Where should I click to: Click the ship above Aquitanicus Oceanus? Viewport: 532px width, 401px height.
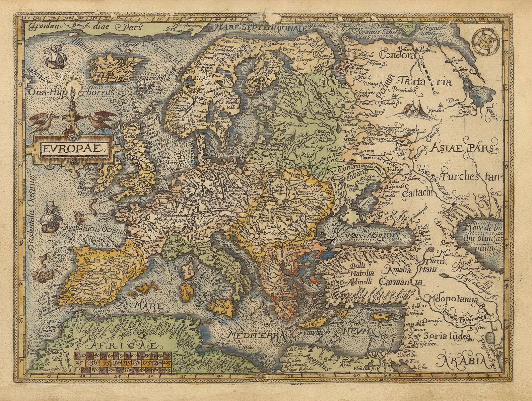50,219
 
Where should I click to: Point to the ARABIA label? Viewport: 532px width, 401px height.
461,361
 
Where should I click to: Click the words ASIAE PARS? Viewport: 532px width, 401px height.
462,148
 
